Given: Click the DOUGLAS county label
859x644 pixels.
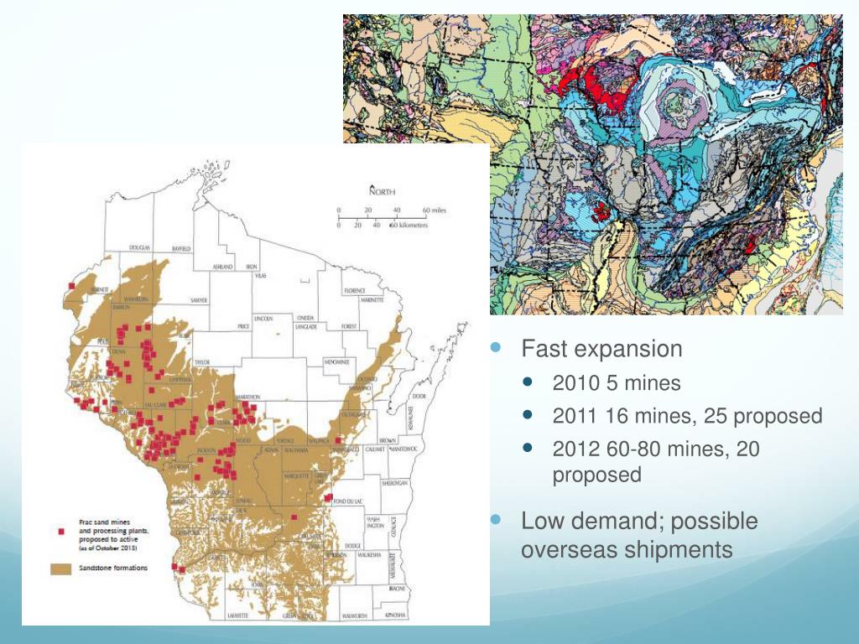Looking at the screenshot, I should click(x=139, y=249).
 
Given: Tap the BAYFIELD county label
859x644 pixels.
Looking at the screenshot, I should click(x=181, y=249).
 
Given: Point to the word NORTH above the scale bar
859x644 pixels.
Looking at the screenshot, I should click(x=382, y=192).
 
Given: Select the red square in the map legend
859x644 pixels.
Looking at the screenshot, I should click(x=60, y=532).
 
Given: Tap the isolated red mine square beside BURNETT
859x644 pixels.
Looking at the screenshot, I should click(x=72, y=287).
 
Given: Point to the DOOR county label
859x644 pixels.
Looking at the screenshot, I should click(x=419, y=396).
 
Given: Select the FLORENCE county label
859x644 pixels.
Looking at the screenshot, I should click(x=355, y=290).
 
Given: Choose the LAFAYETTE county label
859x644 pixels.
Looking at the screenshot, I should click(x=237, y=616).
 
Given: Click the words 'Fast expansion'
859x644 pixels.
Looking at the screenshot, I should click(x=601, y=349).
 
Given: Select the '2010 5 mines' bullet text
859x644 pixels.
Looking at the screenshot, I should click(x=617, y=384).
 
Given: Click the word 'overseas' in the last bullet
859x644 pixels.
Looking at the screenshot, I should click(x=567, y=550).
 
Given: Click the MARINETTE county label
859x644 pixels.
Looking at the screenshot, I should click(x=372, y=299).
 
